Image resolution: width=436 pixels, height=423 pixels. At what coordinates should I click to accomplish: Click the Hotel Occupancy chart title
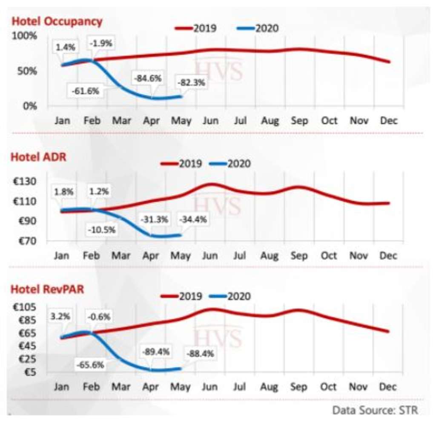57,21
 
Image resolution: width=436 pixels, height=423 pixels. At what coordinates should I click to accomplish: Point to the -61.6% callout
86,91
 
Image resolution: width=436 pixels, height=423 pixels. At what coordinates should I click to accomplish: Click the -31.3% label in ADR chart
154,220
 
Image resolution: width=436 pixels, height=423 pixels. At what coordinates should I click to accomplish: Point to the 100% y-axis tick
24,35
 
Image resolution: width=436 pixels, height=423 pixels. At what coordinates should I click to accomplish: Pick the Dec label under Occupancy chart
388,121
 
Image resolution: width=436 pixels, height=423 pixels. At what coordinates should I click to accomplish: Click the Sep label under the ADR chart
299,256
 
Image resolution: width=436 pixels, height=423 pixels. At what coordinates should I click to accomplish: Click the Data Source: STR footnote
375,410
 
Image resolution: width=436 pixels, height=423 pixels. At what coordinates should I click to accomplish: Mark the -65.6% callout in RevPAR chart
90,365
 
